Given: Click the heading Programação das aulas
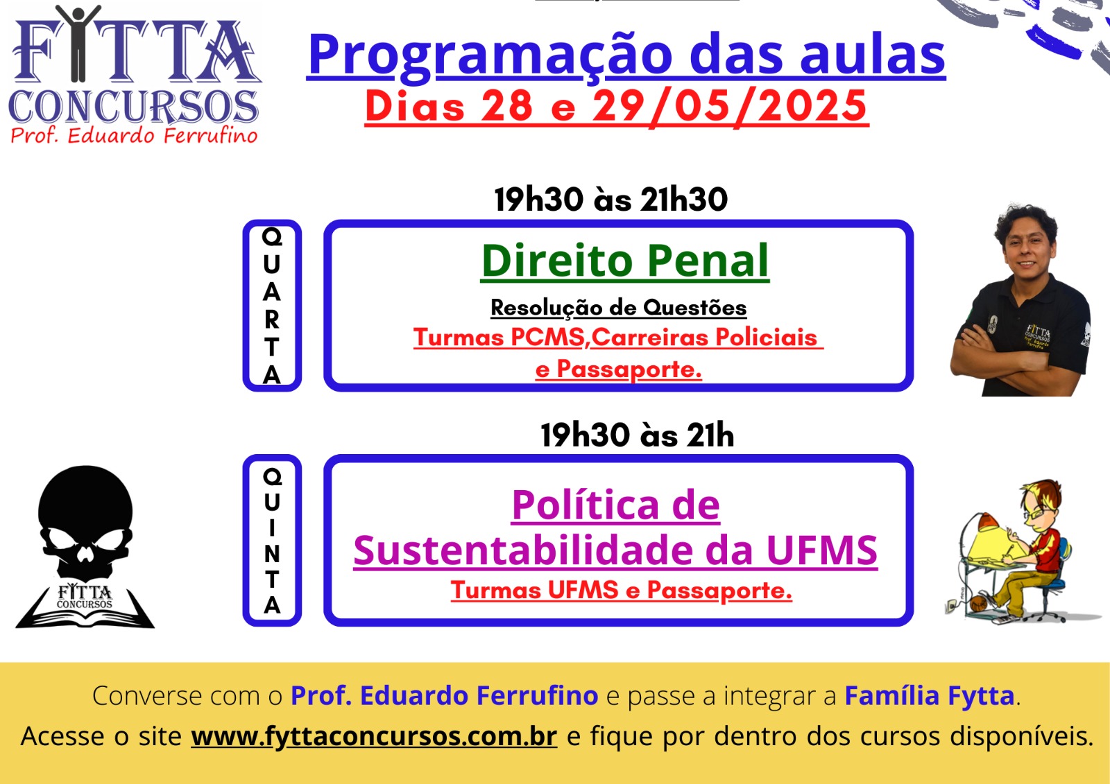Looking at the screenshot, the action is pos(626,55).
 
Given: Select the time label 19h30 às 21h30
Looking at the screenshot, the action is pos(610,200).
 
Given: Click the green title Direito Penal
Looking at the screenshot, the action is pos(625,261).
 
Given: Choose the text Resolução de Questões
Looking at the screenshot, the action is pos(618,308).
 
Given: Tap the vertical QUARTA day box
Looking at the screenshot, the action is pos(272,306).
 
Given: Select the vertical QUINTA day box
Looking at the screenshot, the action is pos(272,540).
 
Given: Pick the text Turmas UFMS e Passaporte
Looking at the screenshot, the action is pos(622,591).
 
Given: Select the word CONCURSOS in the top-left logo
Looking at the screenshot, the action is pos(133,107).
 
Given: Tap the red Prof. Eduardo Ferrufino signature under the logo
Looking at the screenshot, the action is pos(134,135).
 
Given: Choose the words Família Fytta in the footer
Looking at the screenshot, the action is pos(930,696).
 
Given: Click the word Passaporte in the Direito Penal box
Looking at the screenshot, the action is pos(629,369).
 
